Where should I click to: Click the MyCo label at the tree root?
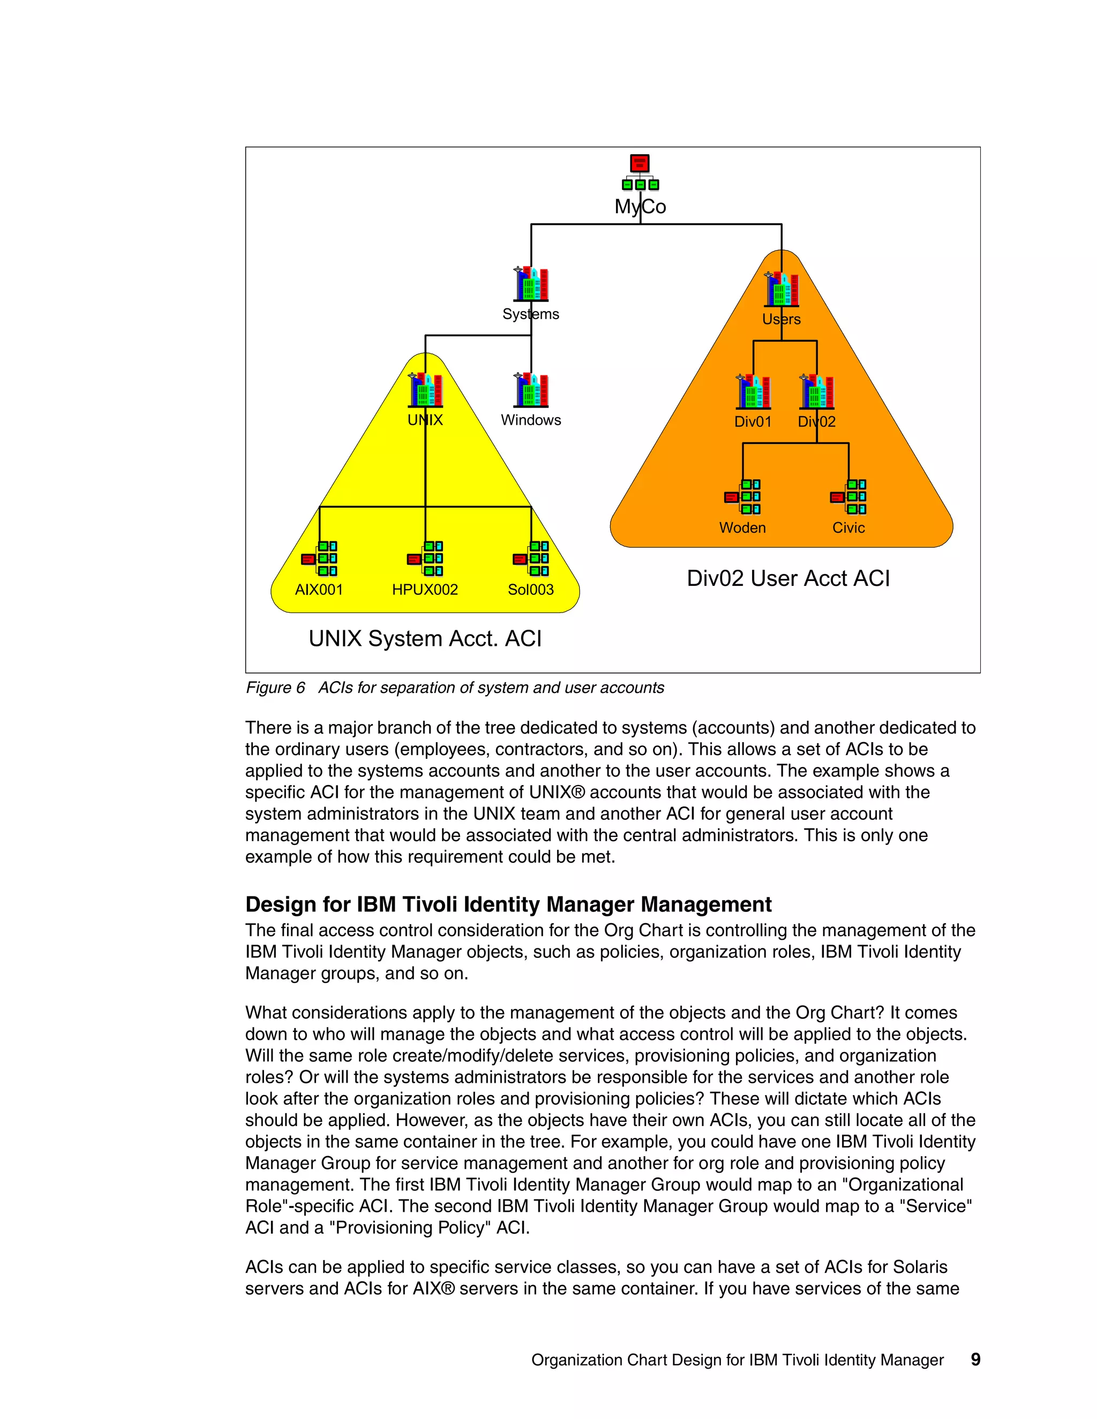pos(640,207)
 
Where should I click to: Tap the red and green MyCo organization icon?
pos(640,173)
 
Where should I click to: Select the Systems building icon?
pos(531,284)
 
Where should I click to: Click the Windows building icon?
pos(531,390)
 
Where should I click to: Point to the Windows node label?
pos(531,420)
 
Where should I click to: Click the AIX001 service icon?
pos(320,558)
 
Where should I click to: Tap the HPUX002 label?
pos(425,590)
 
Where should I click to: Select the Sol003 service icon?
pos(531,558)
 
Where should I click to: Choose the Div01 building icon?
pos(753,392)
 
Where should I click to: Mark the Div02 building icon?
pos(817,392)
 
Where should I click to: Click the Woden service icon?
pos(743,497)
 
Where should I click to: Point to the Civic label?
pos(849,528)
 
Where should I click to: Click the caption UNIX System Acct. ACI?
pos(425,639)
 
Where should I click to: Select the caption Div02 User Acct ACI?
pos(788,578)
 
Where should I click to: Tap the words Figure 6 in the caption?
pos(275,688)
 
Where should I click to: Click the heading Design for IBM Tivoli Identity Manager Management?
pos(508,904)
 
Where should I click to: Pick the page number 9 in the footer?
pos(975,1360)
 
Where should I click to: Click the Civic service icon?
pos(849,497)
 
